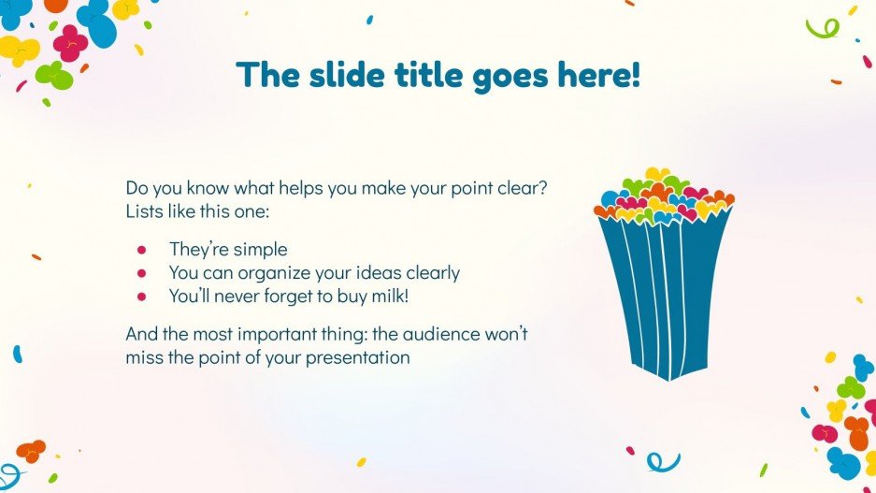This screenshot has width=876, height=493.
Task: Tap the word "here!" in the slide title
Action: [x=598, y=75]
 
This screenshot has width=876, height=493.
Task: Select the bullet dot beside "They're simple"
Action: [x=142, y=250]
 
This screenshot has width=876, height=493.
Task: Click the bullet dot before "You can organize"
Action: [x=142, y=273]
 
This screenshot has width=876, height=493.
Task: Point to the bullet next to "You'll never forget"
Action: [x=142, y=297]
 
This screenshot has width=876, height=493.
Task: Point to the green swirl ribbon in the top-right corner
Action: [x=822, y=28]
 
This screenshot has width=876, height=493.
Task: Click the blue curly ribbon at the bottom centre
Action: [x=663, y=460]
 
